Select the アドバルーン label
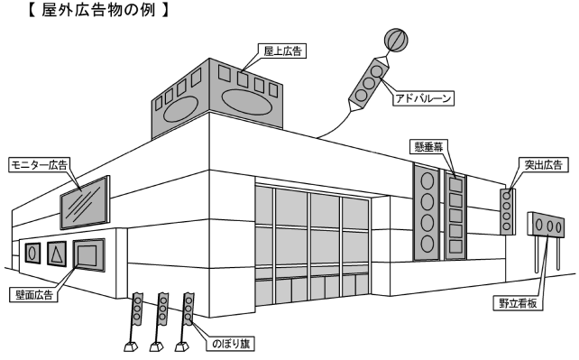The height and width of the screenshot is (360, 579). [422, 98]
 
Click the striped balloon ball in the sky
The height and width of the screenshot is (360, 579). [396, 40]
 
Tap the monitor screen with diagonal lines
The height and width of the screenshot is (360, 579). [84, 204]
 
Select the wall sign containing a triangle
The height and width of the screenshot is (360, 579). [56, 254]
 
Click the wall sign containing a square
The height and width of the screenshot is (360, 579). [88, 256]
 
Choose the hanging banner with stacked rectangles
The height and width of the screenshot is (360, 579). [455, 217]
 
